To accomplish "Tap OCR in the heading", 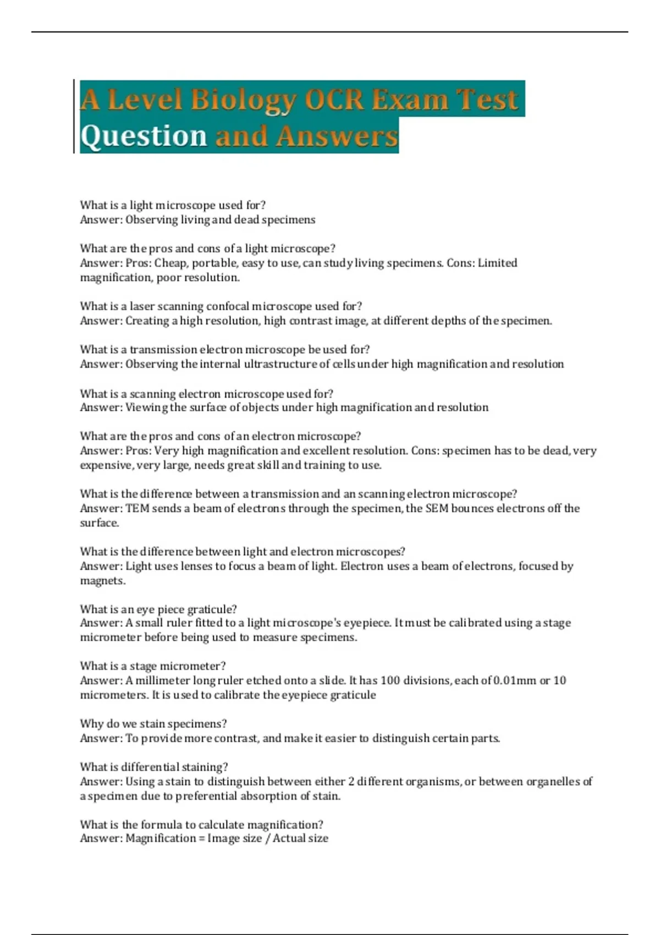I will tap(334, 100).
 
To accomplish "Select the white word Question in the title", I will tap(144, 136).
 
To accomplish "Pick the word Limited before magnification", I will tap(497, 263).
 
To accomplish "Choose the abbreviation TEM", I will tap(137, 509).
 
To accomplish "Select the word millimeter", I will tap(163, 680).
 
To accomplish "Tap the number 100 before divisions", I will tap(390, 680).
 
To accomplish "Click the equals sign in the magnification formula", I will tap(201, 839).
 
